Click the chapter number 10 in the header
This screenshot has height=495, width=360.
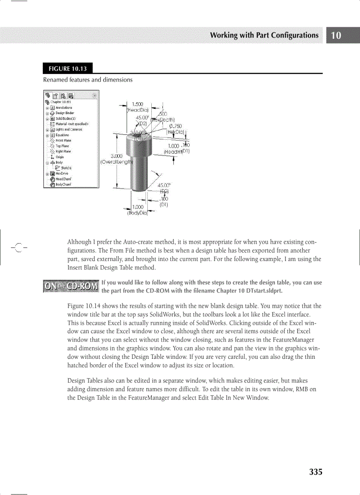tap(336, 36)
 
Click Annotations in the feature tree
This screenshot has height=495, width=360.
tap(64, 108)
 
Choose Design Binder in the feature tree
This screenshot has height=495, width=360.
tap(64, 113)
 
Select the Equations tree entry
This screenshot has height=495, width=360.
tap(62, 135)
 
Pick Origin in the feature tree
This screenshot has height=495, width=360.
tap(60, 157)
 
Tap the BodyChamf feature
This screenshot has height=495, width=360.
tap(64, 184)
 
